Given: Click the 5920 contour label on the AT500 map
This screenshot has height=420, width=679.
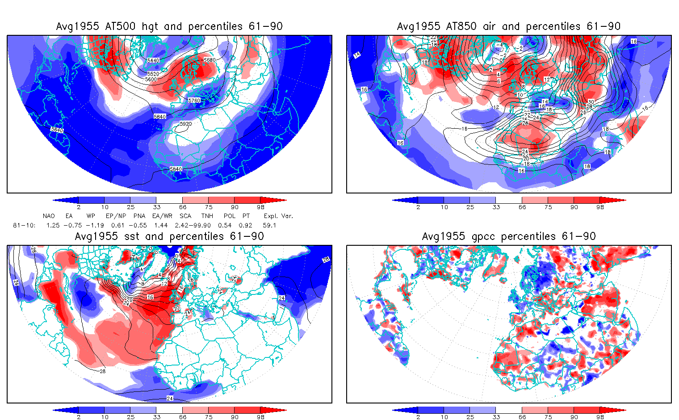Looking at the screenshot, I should click(185, 124).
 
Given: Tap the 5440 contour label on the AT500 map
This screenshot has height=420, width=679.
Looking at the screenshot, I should click(153, 60).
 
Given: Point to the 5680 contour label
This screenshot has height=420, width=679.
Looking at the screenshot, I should click(209, 60).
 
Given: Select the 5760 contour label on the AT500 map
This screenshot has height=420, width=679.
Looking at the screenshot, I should click(194, 101).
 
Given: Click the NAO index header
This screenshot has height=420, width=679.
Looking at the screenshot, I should click(49, 216).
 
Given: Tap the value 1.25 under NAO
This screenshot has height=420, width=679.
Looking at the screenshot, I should click(53, 225).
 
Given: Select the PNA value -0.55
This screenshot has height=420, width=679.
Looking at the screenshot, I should click(140, 225).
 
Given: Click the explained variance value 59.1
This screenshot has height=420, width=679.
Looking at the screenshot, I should click(269, 225).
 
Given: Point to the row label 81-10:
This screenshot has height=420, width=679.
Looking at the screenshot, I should click(24, 225).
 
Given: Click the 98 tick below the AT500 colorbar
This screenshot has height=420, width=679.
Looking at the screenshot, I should click(261, 207).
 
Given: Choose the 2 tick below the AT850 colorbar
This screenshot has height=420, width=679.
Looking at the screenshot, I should click(418, 207).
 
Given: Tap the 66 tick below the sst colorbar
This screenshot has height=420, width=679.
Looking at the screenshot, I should click(183, 417).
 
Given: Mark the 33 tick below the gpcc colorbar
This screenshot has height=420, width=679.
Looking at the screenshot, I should click(496, 417).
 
